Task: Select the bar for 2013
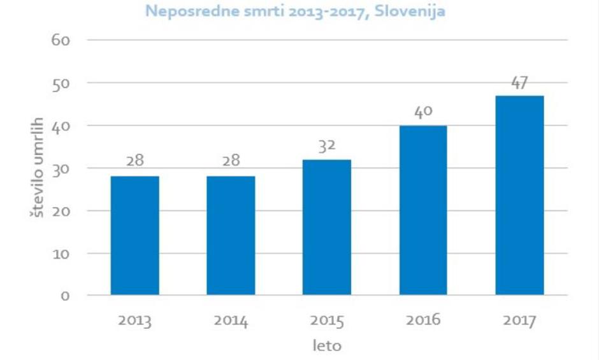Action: (x=134, y=236)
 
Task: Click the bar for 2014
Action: (x=231, y=236)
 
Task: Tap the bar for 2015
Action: (x=327, y=227)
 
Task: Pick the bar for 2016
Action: (x=423, y=210)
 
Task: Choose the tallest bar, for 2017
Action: (x=519, y=196)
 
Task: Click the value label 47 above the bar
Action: (x=519, y=83)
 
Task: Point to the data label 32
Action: (x=327, y=147)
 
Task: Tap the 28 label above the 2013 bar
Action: (x=134, y=162)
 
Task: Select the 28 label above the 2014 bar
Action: (x=231, y=162)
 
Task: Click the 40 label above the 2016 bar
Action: (x=423, y=113)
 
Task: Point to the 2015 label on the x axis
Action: (x=327, y=320)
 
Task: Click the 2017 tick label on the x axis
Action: (x=519, y=320)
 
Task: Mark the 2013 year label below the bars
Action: (x=134, y=320)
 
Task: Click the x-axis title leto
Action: (x=327, y=347)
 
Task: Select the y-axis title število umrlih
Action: (x=37, y=167)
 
